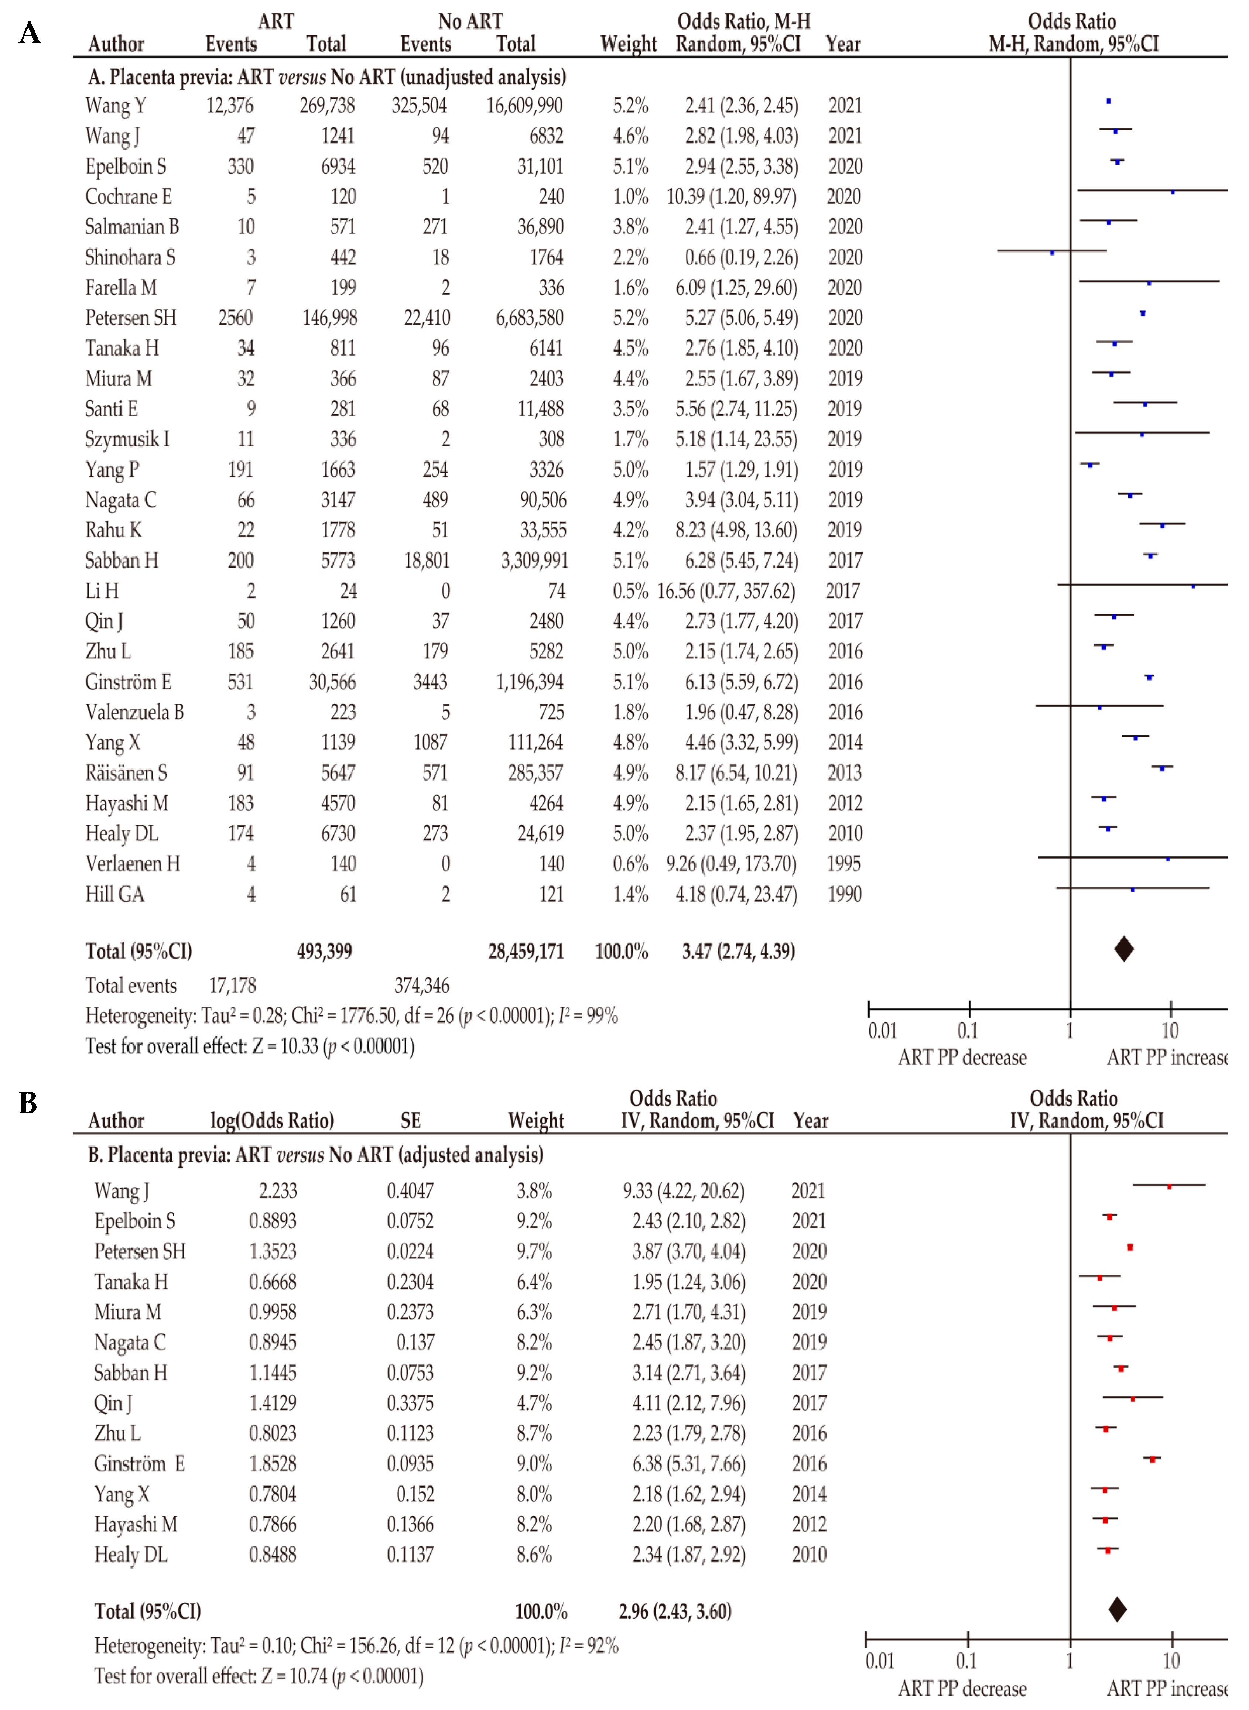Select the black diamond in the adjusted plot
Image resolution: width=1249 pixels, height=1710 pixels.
(1118, 1610)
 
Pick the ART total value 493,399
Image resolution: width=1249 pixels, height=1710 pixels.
(324, 951)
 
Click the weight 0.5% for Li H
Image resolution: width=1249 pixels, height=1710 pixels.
(630, 591)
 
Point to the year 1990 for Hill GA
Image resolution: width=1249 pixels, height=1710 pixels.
(845, 894)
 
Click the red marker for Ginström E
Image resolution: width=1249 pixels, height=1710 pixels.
(1152, 1460)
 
